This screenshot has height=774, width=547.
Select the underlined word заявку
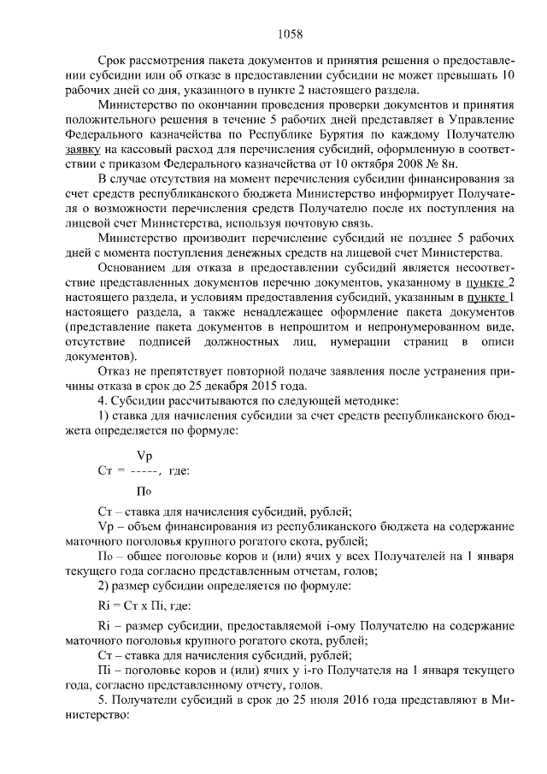click(85, 149)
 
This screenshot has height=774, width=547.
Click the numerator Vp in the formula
click(145, 455)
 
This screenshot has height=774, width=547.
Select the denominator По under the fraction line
click(144, 490)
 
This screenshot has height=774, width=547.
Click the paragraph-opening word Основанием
click(132, 267)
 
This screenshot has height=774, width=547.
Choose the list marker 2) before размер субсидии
click(104, 590)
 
